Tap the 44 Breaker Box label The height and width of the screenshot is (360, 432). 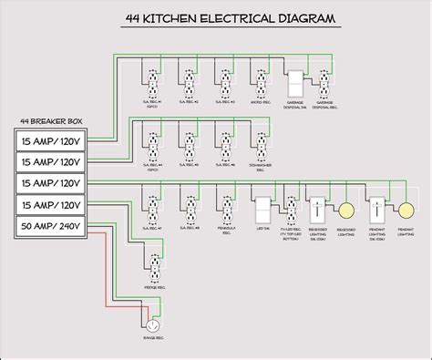pos(52,120)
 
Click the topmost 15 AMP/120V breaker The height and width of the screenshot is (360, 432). pos(53,140)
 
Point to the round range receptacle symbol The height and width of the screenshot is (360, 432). pos(153,324)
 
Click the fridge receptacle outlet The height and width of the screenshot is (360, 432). pos(153,268)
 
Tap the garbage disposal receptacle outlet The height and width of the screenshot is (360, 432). pos(324,84)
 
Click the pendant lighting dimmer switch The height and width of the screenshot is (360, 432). pos(376,209)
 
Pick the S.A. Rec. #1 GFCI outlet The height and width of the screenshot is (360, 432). pos(153,84)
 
